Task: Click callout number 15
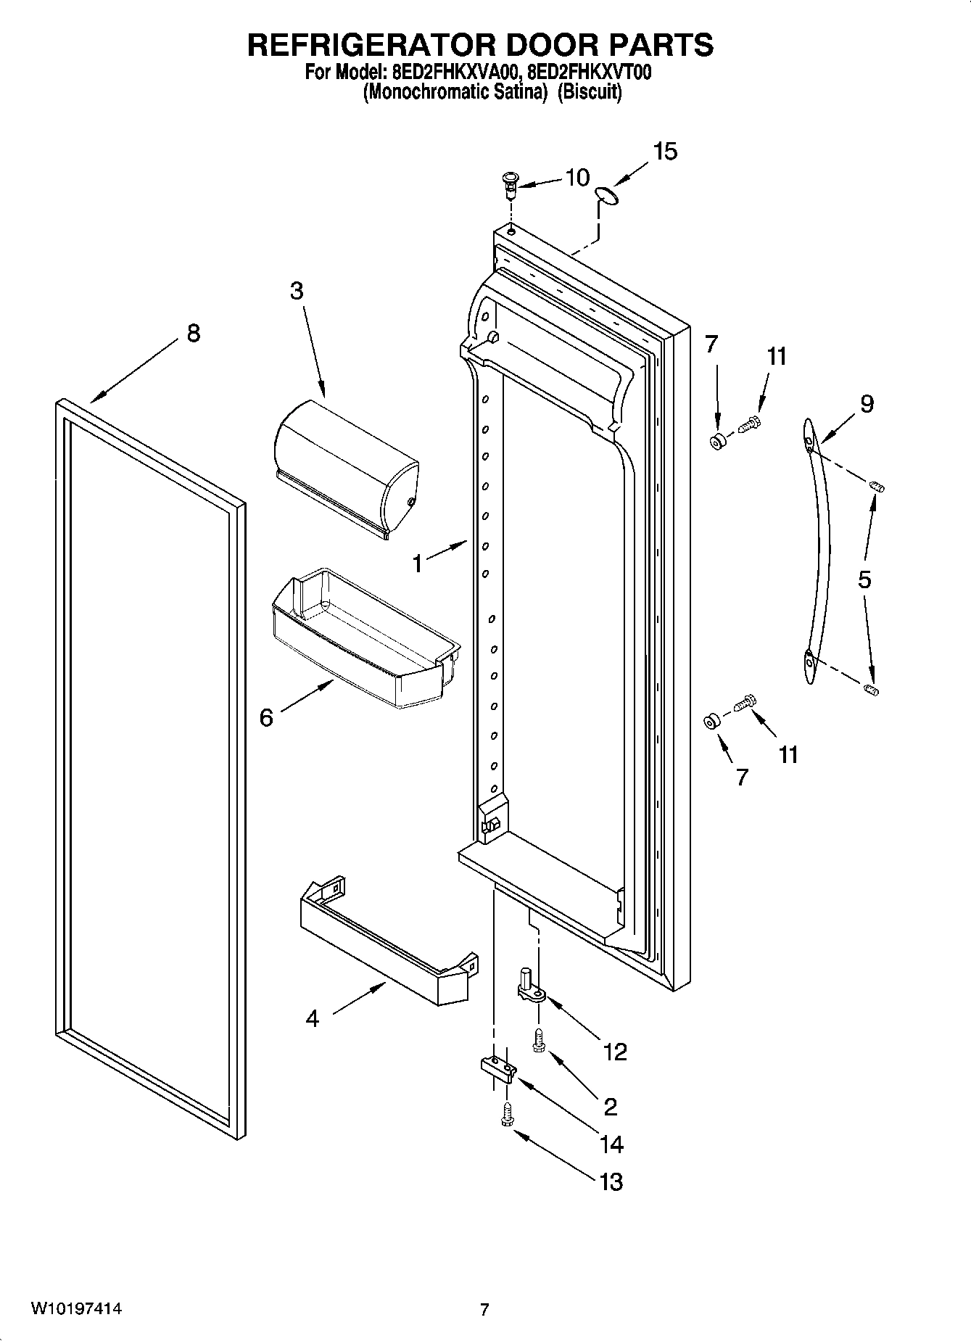coord(664,152)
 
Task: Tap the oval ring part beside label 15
coord(607,194)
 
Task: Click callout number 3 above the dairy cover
coord(296,291)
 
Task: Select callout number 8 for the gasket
coord(192,334)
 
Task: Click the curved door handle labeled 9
coord(818,551)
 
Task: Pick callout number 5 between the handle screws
coord(864,579)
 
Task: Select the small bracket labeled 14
coord(497,1068)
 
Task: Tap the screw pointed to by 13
coord(507,1116)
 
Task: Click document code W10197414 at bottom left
coord(76,1308)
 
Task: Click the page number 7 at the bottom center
coord(484,1309)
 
